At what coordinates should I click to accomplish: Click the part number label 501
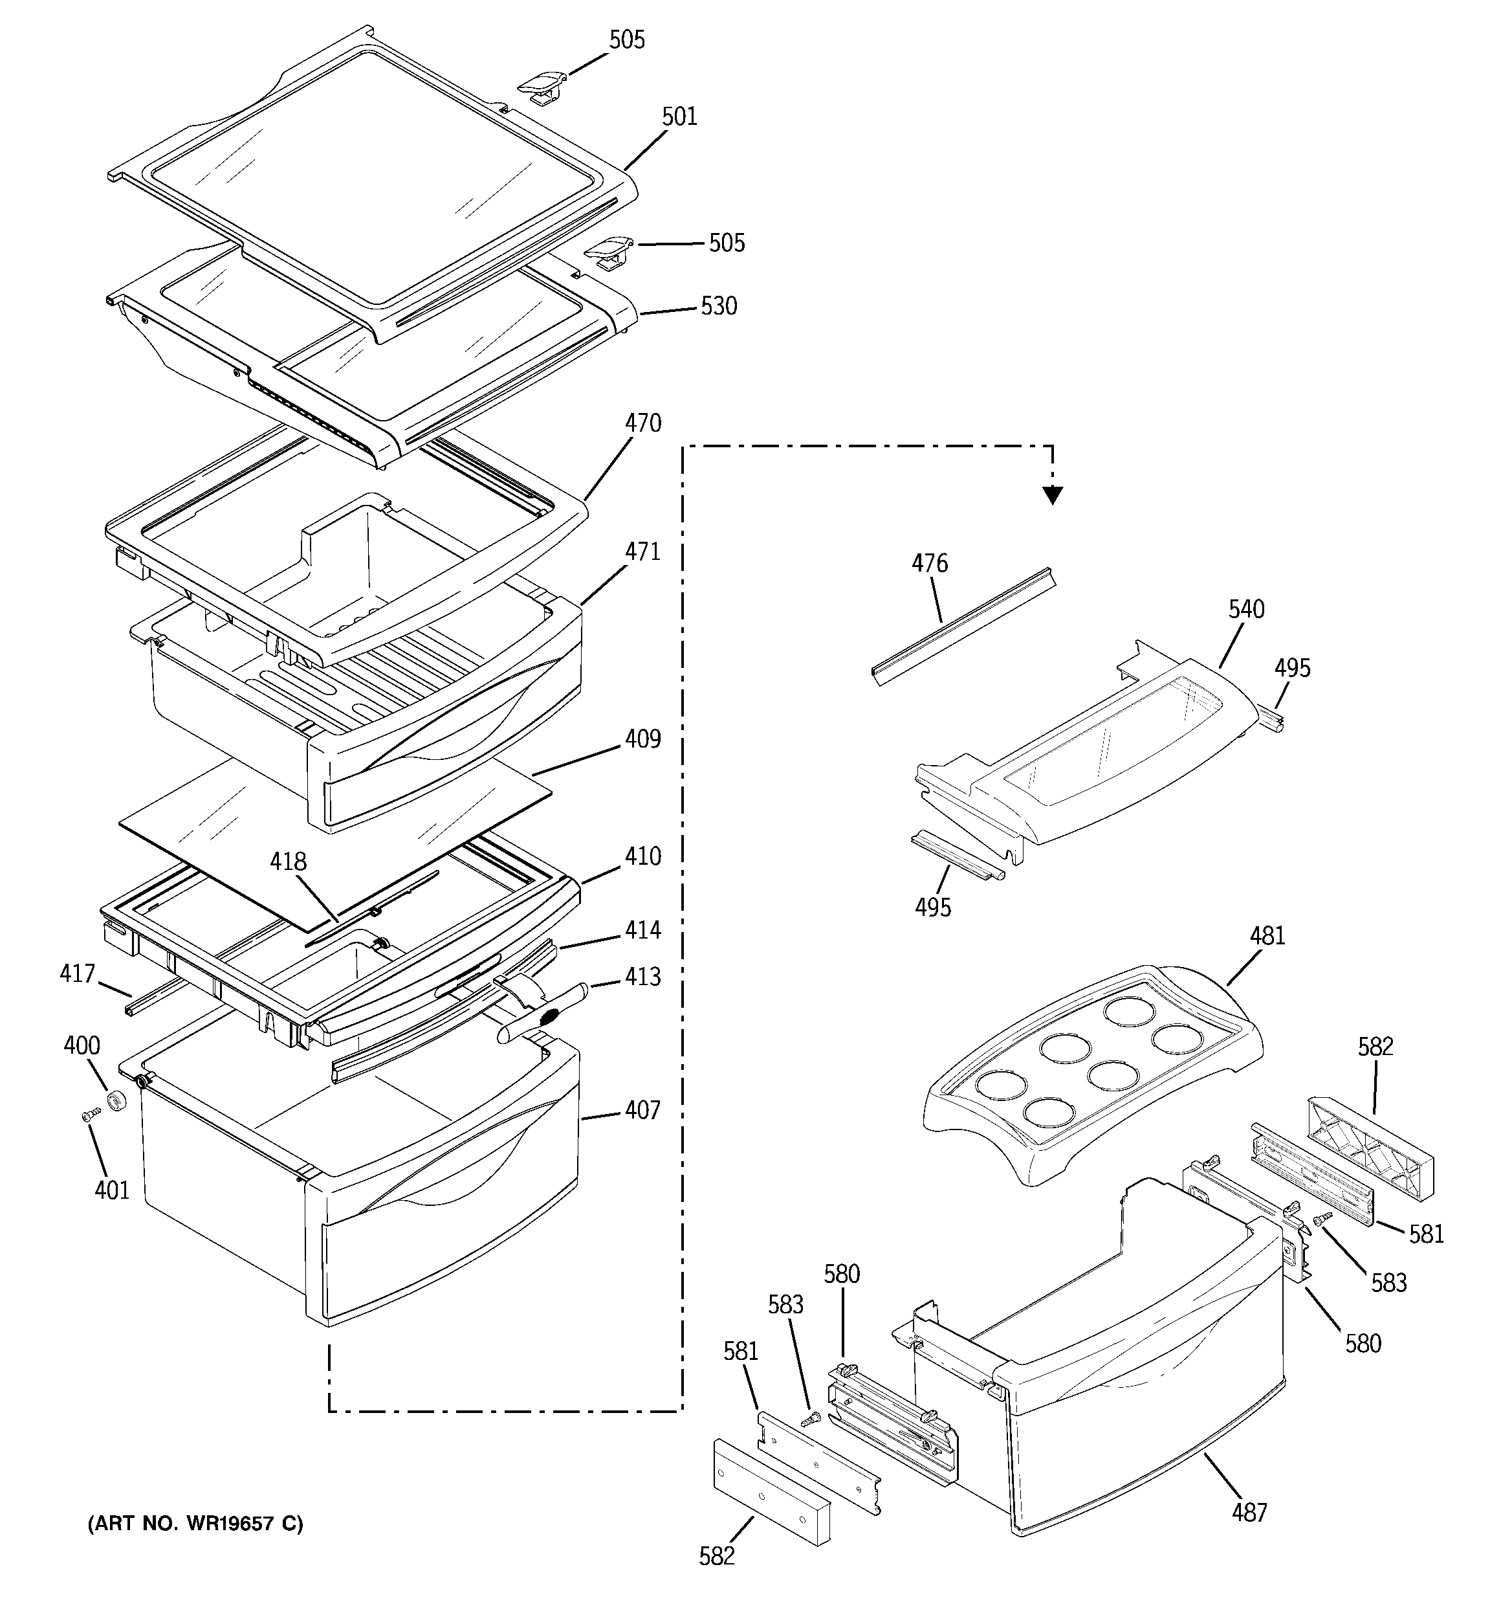[679, 118]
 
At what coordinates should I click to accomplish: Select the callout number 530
[719, 306]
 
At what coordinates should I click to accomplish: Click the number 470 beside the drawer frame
[643, 424]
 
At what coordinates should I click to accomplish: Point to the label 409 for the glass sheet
[643, 739]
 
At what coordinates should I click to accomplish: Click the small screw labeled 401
[90, 1115]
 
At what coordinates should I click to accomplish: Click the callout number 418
[289, 862]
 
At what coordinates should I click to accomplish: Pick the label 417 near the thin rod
[78, 974]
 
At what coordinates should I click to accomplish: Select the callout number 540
[1246, 610]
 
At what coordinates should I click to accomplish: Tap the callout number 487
[1249, 1513]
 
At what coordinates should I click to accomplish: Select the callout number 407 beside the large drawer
[642, 1111]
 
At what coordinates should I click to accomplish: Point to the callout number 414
[642, 930]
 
